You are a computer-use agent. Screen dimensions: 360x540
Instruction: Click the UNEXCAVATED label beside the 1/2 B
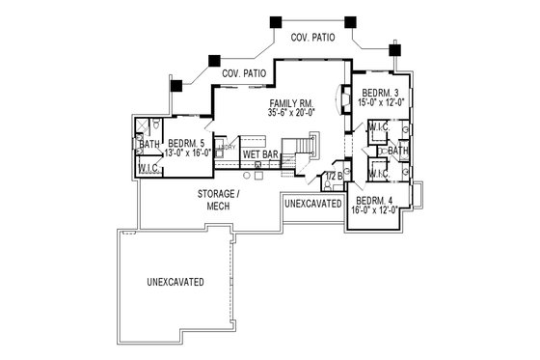click(313, 205)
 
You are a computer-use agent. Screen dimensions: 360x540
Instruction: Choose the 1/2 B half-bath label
click(334, 177)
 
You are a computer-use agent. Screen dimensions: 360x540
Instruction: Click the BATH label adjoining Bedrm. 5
click(148, 146)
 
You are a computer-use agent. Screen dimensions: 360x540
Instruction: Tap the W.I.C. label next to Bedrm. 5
click(148, 167)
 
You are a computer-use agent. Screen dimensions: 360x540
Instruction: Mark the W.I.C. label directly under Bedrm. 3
click(378, 126)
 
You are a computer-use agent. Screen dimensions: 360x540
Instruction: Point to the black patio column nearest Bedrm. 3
click(394, 48)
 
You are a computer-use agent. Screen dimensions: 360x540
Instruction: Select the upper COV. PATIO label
click(313, 38)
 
